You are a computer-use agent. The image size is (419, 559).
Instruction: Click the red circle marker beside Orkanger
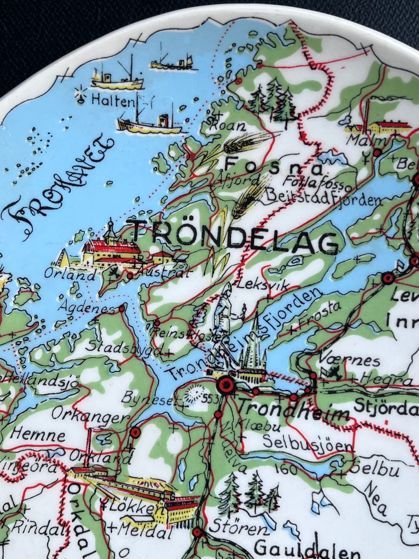(x=135, y=432)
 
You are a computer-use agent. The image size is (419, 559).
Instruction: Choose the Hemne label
(x=37, y=435)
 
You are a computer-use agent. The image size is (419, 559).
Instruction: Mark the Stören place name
(x=237, y=529)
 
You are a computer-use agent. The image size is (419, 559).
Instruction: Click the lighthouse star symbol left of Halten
(x=80, y=94)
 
